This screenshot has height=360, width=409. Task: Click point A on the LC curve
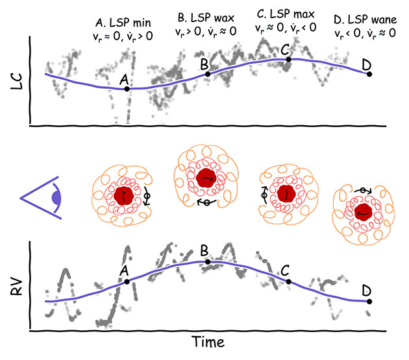tap(126, 88)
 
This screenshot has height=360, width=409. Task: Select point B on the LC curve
tap(208, 74)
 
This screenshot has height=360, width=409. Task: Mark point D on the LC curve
tap(369, 74)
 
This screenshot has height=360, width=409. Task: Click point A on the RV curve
tap(127, 281)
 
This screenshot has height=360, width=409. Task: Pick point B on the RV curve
tap(208, 261)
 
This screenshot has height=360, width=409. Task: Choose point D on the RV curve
tap(369, 301)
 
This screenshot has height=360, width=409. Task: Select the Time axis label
tap(209, 341)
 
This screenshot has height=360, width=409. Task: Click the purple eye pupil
tap(57, 197)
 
